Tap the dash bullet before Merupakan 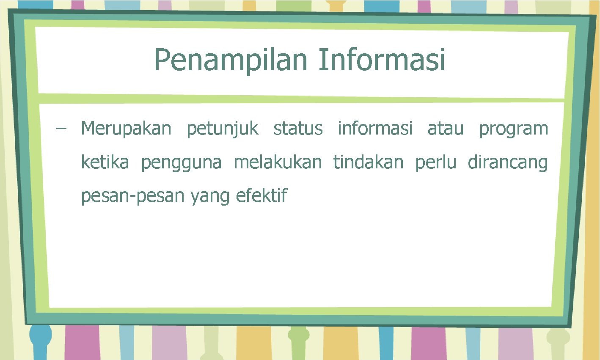pos(61,128)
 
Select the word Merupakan pos(126,128)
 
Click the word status pos(298,128)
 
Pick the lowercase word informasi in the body pos(375,128)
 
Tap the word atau pos(446,128)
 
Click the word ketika pos(105,162)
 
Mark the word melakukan pos(278,162)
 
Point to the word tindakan pos(368,162)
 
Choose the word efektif pos(261,195)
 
